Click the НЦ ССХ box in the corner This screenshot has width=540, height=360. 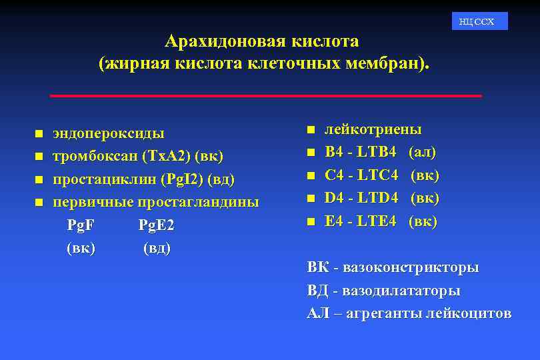(x=479, y=21)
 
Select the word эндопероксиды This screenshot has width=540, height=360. (x=109, y=133)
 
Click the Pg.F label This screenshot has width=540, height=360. (x=81, y=225)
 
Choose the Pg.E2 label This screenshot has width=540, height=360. (x=156, y=225)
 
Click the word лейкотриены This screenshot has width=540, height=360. (x=373, y=129)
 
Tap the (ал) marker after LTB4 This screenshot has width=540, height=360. (x=423, y=153)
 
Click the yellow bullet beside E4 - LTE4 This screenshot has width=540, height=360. (x=311, y=221)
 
